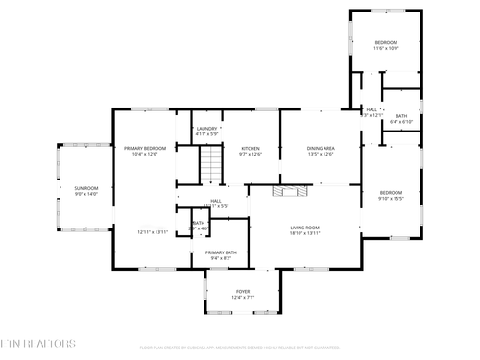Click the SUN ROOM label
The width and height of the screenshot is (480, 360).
pyautogui.click(x=86, y=187)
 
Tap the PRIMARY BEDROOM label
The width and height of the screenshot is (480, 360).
pyautogui.click(x=145, y=148)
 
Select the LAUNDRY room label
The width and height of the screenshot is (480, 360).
pyautogui.click(x=206, y=129)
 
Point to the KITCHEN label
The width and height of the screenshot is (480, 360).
pyautogui.click(x=251, y=148)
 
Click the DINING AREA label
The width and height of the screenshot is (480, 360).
pyautogui.click(x=321, y=148)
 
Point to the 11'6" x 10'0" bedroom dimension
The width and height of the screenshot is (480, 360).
pyautogui.click(x=386, y=49)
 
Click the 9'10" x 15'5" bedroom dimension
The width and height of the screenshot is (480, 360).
pyautogui.click(x=392, y=199)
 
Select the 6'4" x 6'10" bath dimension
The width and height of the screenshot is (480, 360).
pyautogui.click(x=401, y=122)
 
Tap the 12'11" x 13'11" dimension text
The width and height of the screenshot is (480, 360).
pyautogui.click(x=153, y=232)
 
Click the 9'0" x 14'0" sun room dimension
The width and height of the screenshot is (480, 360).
pyautogui.click(x=86, y=194)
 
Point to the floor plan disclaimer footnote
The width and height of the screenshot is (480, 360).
pyautogui.click(x=240, y=348)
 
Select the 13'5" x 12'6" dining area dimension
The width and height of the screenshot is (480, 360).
pyautogui.click(x=321, y=154)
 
